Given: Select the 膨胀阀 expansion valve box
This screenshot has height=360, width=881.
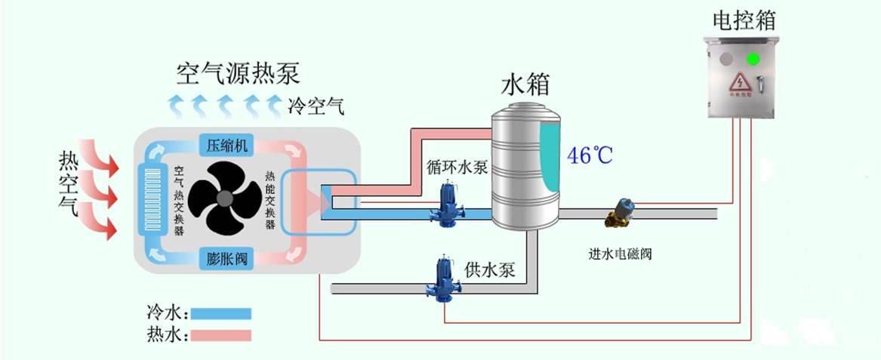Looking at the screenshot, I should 227,259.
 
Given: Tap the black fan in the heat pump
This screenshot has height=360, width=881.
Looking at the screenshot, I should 225,198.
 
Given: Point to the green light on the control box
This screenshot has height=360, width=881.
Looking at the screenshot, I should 753,58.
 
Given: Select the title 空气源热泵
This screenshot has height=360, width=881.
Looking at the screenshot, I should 238,73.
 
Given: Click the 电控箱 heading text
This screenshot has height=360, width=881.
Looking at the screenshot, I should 744,20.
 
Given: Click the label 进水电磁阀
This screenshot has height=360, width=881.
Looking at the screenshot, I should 620,254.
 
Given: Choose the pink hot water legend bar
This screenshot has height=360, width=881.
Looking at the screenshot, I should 220,334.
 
